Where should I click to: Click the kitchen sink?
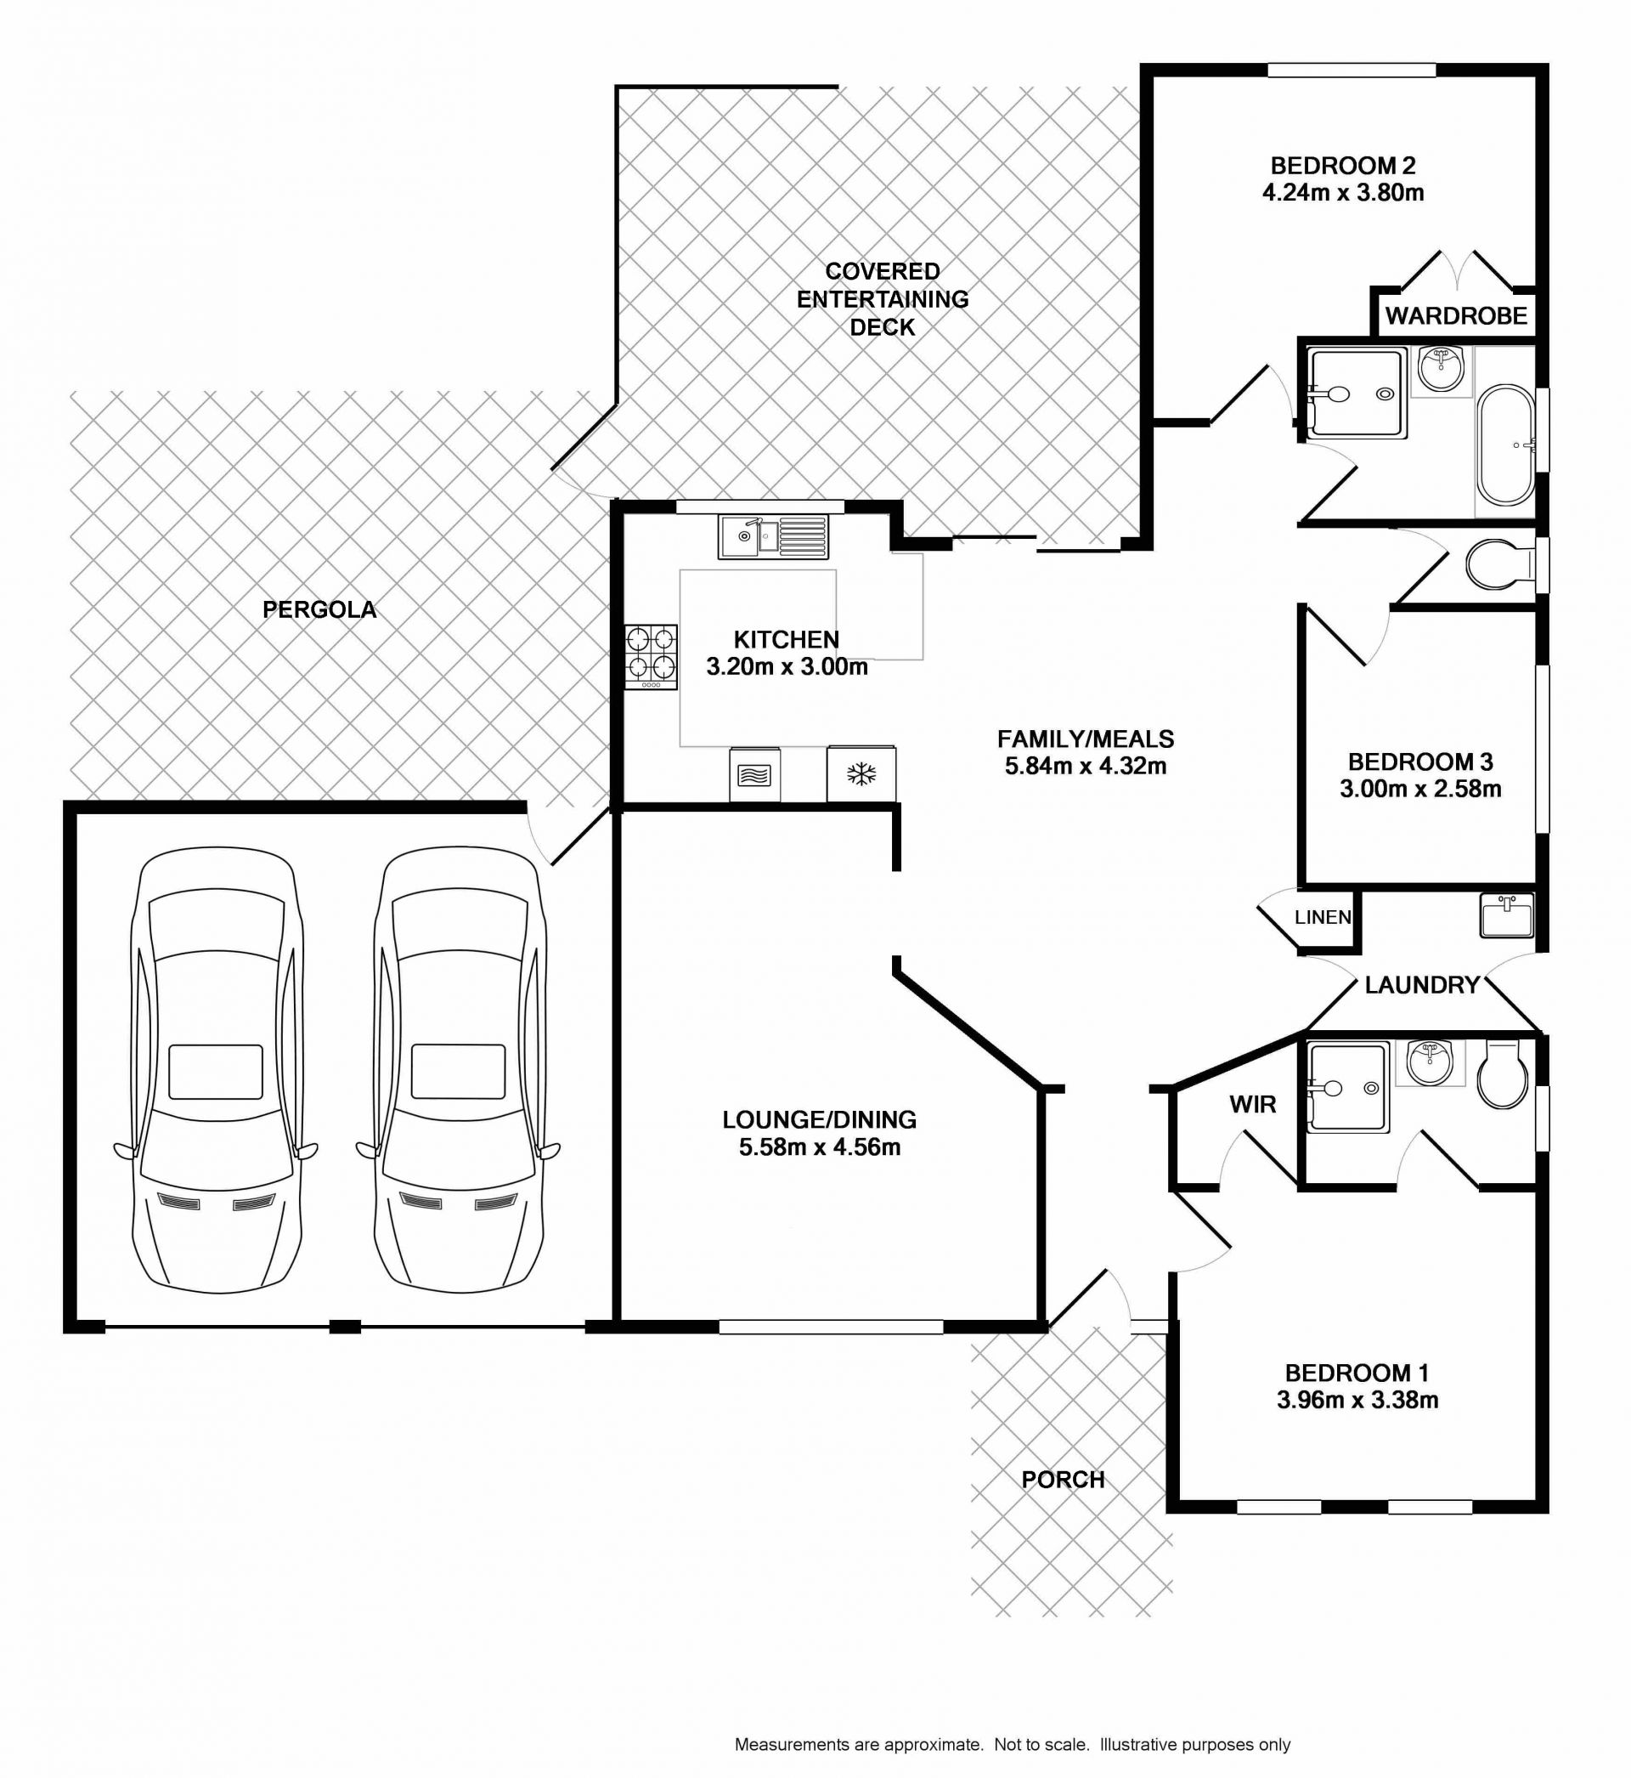774,537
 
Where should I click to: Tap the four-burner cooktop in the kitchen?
652,657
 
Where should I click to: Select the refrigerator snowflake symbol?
861,775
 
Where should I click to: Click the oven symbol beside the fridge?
754,775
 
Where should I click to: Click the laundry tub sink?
1507,915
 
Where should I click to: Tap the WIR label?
1252,1103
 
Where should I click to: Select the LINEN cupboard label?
1322,917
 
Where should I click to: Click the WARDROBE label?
1455,315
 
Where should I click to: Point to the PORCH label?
1063,1480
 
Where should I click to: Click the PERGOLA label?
319,609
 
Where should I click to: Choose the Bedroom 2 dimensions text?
1343,192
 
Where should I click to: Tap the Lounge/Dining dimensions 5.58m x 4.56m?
820,1147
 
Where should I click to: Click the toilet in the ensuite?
1502,1075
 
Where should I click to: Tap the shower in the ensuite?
1347,1088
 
